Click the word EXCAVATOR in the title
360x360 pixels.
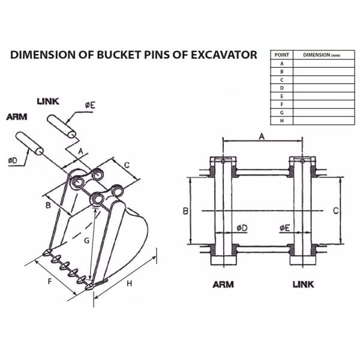219,55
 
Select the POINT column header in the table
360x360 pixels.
282,55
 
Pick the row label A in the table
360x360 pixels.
282,63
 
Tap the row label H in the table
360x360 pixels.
282,121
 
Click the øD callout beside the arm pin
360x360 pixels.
13,160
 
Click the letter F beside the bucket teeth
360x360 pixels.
49,281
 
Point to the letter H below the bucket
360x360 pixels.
129,284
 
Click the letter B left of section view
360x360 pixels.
186,211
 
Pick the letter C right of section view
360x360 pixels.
336,211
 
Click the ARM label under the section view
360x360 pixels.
223,284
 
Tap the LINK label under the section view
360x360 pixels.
303,284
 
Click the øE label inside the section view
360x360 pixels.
285,228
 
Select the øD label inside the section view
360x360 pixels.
242,228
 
